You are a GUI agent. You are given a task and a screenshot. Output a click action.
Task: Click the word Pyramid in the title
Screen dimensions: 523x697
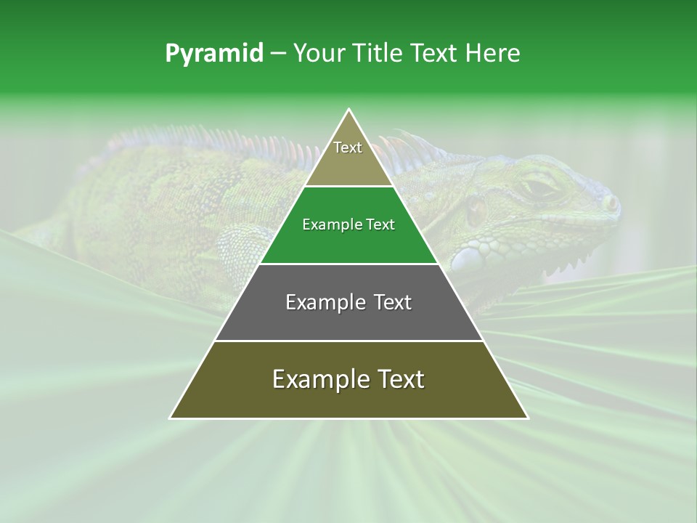(x=213, y=54)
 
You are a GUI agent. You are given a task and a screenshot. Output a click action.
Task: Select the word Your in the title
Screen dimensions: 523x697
(x=319, y=54)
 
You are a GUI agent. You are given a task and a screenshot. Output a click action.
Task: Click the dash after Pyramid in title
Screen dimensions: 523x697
(x=277, y=54)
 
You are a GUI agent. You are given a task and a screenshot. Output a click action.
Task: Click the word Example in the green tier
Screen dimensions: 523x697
(x=328, y=224)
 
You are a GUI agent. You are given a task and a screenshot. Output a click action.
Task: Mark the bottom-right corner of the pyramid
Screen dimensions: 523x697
(x=527, y=418)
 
